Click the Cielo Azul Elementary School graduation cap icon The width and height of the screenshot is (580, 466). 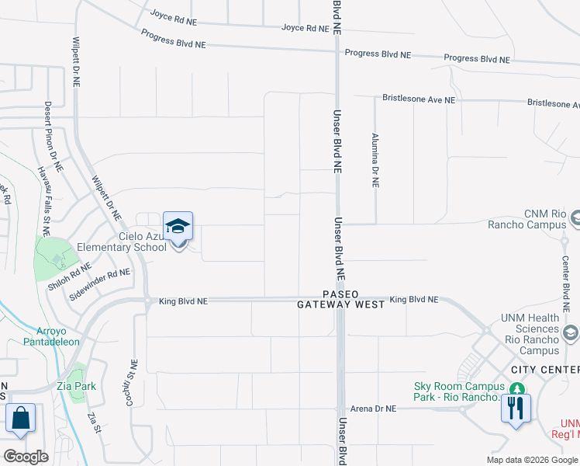[x=178, y=227]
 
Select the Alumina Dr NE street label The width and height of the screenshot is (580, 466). [x=375, y=161]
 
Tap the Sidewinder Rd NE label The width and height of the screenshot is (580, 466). [x=99, y=284]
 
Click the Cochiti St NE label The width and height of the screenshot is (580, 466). [x=135, y=382]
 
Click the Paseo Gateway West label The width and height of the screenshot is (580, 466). [x=341, y=300]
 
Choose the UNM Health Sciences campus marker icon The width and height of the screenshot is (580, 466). [x=572, y=333]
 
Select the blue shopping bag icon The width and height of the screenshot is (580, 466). [x=20, y=417]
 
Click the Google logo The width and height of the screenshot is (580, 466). [x=26, y=456]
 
